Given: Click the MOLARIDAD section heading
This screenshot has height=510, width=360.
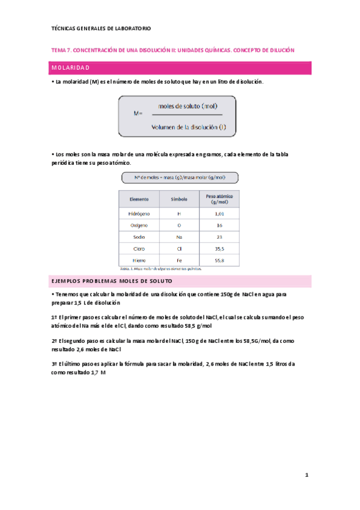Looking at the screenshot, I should pos(70,68).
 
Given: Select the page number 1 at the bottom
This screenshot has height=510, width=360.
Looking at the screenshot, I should pos(307,475).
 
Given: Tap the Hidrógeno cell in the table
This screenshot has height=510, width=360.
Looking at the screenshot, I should pos(139,214).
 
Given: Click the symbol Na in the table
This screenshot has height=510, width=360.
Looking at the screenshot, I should pos(179,237).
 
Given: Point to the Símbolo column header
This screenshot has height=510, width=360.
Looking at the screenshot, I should pos(179,198).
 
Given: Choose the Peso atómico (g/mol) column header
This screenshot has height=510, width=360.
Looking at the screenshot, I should pos(219,198).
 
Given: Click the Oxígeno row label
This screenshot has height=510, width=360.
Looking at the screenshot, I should pos(139,225).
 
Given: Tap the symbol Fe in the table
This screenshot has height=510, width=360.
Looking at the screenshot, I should pos(179,260).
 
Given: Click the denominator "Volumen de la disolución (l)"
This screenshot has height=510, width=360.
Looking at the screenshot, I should pos(188,126).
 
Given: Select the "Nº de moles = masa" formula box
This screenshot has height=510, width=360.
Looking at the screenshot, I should pos(180,177).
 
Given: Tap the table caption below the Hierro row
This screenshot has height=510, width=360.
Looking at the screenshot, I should pos(161,269).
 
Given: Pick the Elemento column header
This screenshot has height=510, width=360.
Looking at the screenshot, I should pos(139,198).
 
